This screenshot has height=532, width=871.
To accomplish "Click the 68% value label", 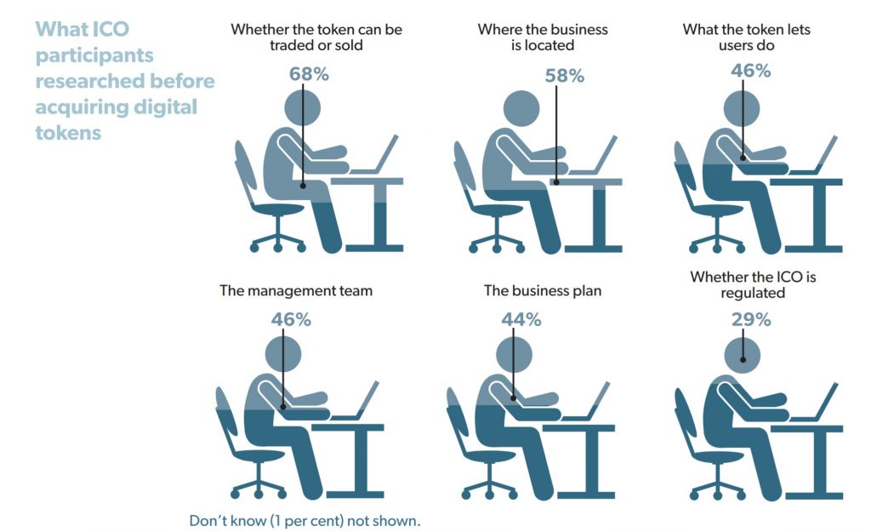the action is (x=309, y=74).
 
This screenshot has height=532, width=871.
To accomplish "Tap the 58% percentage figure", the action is (x=565, y=76).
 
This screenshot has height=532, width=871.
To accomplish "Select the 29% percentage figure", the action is (x=751, y=320).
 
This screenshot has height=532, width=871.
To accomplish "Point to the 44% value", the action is (x=521, y=320).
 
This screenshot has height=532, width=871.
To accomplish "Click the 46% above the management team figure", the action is (x=291, y=320).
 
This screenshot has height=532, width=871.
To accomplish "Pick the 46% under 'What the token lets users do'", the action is (x=751, y=71).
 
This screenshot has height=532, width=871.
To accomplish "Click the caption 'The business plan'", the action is (x=543, y=291).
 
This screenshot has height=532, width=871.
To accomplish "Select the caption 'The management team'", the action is (x=296, y=291).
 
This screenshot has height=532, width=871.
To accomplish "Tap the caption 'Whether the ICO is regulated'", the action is (x=753, y=284).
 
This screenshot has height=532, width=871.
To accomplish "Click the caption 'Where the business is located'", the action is (x=543, y=37).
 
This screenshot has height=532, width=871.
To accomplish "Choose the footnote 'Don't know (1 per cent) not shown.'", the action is (x=305, y=521).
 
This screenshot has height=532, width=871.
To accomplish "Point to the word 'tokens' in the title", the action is (x=68, y=133).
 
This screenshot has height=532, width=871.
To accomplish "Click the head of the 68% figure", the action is (x=302, y=107).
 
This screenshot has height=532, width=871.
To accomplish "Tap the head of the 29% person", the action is (x=743, y=355).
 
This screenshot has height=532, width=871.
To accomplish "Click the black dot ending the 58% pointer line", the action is (x=556, y=182).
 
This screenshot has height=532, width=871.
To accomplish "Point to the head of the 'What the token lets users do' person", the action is (x=742, y=108).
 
